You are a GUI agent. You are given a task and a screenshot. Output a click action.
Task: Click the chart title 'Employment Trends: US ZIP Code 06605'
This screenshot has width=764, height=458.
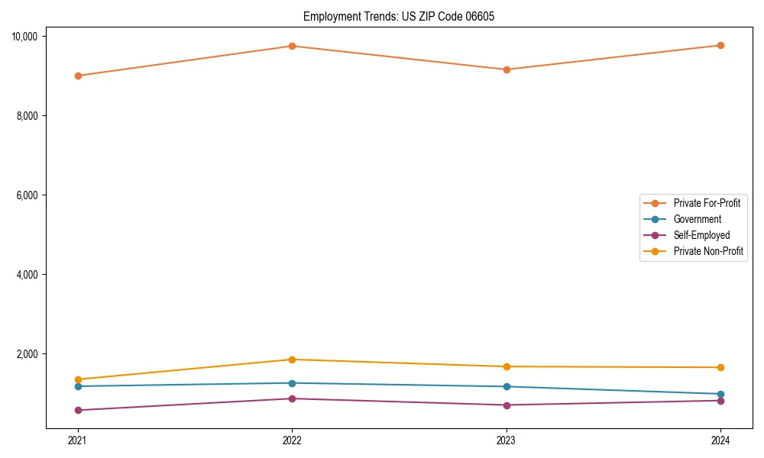399,16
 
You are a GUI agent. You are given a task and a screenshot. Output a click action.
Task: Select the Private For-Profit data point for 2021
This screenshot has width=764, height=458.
77,76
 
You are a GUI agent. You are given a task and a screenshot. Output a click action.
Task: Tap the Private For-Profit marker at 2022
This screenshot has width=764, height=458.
292,46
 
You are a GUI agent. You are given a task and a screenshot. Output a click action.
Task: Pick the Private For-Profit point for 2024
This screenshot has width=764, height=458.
720,45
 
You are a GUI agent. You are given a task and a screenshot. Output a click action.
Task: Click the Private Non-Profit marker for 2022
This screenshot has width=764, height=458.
292,360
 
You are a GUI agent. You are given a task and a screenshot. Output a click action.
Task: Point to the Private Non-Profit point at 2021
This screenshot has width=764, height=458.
77,379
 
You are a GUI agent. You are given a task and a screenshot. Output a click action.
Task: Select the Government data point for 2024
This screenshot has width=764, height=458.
720,394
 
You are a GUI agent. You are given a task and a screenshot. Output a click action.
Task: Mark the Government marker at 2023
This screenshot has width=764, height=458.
507,386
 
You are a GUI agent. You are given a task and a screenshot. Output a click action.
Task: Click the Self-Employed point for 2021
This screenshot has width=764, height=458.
77,410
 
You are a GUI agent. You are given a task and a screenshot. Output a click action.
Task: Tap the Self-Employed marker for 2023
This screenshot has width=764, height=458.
507,405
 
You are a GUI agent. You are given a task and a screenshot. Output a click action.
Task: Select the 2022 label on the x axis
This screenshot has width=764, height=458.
292,440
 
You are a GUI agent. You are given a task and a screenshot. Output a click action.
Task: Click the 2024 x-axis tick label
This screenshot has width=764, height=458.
720,440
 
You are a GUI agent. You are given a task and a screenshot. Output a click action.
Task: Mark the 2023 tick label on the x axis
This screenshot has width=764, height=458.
507,440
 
